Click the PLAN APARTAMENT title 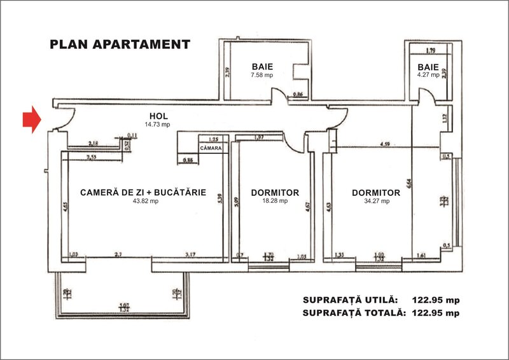tap(120, 45)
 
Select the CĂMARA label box tap(210, 148)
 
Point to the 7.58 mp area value tap(262, 74)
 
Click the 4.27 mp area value tap(428, 74)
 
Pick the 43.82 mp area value tap(143, 201)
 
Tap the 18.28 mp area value tap(274, 201)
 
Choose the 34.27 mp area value tap(375, 201)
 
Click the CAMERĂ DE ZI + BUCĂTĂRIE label tap(143, 192)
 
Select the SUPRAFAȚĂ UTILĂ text tap(351, 300)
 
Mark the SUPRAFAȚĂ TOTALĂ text tap(353, 312)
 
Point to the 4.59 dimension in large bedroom tap(385, 144)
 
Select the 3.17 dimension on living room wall tap(190, 255)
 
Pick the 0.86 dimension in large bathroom tap(298, 95)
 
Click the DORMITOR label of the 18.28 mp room tap(275, 192)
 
